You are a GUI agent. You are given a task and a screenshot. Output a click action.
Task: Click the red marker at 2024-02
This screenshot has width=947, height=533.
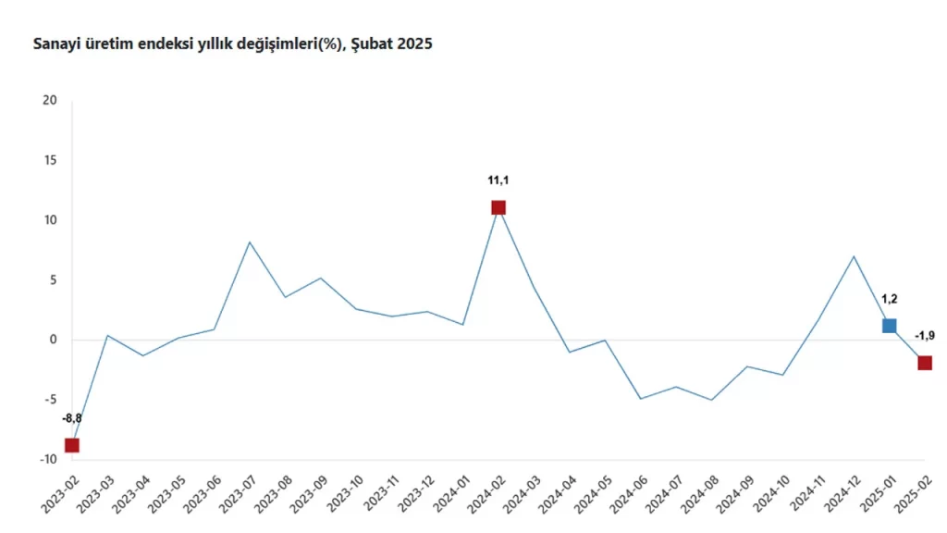(x=498, y=207)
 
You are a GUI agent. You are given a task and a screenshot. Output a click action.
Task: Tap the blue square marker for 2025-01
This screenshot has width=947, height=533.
(x=889, y=325)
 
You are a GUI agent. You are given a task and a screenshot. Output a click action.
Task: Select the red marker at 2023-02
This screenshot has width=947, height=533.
(x=72, y=445)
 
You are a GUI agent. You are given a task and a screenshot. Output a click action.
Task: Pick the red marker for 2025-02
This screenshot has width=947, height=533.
(x=925, y=363)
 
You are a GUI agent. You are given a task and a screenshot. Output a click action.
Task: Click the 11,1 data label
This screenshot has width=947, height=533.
(x=498, y=180)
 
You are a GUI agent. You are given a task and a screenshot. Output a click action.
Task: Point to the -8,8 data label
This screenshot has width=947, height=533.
(x=72, y=418)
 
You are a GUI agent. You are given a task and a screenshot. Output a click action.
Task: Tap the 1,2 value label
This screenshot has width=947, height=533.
(x=889, y=299)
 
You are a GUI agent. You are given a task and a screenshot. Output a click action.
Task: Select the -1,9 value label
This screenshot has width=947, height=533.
(x=925, y=336)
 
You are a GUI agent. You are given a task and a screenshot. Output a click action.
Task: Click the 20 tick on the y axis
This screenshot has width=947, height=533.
(x=50, y=101)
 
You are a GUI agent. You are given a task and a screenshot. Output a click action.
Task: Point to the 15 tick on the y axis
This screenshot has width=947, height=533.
(x=50, y=160)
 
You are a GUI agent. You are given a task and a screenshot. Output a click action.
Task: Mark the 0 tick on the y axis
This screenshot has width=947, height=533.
(x=53, y=340)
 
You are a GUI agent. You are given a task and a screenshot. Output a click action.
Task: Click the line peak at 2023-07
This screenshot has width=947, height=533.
(x=250, y=242)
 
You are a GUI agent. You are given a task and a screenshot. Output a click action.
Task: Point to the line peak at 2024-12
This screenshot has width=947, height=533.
(x=854, y=256)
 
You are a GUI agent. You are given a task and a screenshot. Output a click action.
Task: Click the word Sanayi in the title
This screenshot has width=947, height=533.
(x=55, y=43)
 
